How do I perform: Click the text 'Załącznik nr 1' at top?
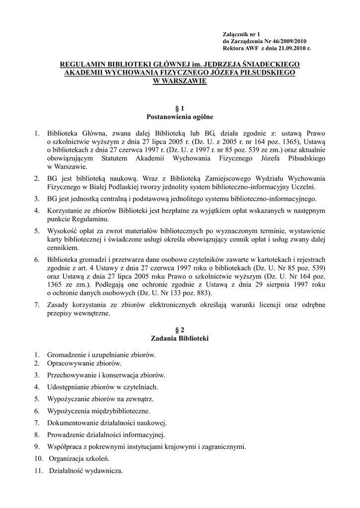243,33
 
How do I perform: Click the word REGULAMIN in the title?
82,64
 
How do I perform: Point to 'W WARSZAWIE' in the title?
180,80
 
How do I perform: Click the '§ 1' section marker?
180,108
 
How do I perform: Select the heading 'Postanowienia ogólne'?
180,117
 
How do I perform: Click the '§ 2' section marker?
180,330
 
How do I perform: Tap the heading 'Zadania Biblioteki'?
180,339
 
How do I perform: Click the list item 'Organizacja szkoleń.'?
78,458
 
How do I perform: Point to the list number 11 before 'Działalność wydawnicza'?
39,470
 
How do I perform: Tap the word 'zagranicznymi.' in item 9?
225,446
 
